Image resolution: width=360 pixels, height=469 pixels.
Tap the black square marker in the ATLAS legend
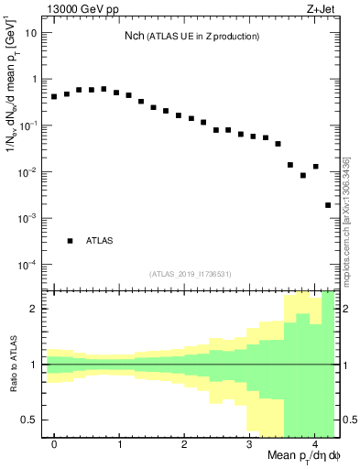click(70, 241)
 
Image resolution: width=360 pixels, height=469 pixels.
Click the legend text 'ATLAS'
click(100, 241)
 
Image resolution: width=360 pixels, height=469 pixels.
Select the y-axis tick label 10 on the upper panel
click(31, 32)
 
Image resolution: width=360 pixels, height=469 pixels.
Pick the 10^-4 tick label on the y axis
click(28, 265)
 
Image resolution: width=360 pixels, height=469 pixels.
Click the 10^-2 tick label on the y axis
click(28, 172)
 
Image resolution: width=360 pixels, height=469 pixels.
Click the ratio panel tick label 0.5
click(30, 420)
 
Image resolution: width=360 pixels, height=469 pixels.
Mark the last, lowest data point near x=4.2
click(328, 205)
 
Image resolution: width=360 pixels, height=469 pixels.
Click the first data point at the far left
click(54, 96)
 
